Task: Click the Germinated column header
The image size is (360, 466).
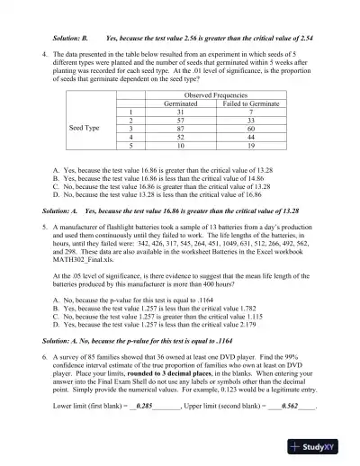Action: click(181, 103)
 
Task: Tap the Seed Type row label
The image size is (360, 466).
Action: click(84, 128)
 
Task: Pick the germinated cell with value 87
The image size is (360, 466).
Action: click(181, 128)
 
